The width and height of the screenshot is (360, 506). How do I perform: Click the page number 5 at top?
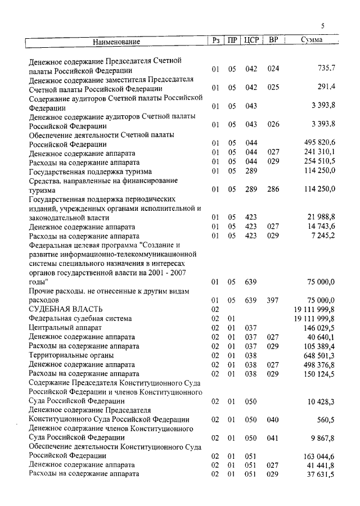[x=323, y=25]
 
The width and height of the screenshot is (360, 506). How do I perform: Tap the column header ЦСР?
[x=251, y=40]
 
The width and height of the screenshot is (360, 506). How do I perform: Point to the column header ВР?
[x=273, y=40]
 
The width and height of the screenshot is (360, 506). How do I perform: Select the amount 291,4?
[x=326, y=88]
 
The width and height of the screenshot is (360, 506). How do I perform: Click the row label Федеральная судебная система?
[x=79, y=318]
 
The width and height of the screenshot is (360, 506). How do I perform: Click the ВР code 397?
[x=273, y=300]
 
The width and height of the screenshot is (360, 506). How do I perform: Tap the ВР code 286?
[x=273, y=189]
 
